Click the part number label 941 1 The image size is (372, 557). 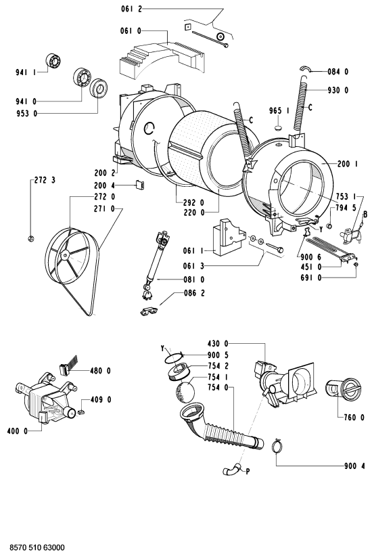26,72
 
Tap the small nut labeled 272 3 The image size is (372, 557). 31,239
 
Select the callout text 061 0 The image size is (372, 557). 131,31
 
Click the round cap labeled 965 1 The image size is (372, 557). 279,127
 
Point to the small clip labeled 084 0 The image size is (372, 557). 306,68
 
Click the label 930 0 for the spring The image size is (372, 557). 338,90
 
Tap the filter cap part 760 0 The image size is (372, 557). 343,391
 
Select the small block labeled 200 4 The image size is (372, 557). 140,185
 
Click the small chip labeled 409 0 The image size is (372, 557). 81,411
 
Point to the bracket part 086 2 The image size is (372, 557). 149,311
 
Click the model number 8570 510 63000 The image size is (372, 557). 37,548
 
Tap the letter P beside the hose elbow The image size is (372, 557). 248,472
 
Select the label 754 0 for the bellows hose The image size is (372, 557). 218,388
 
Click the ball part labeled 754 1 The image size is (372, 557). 185,392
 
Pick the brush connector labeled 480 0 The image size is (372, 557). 68,366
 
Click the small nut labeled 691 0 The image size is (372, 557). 356,265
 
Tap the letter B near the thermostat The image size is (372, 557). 365,214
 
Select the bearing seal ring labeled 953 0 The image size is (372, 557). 99,88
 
